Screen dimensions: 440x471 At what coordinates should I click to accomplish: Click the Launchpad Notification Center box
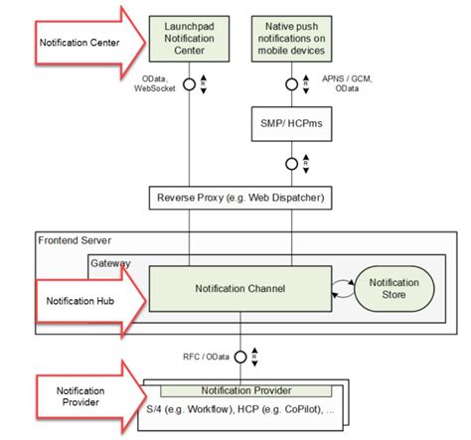pos(189,38)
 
